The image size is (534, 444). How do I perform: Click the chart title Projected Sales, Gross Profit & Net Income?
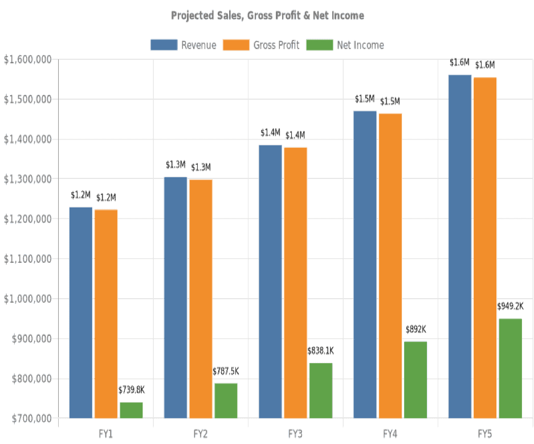click(x=267, y=15)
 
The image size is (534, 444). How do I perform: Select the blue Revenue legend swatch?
click(x=164, y=45)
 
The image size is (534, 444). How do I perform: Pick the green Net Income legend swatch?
click(x=320, y=45)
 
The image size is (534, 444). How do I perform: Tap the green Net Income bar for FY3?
click(x=321, y=390)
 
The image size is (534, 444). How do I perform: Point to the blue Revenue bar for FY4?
click(x=365, y=264)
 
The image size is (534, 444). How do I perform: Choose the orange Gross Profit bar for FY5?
click(x=485, y=247)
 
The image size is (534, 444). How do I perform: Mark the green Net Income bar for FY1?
click(x=131, y=410)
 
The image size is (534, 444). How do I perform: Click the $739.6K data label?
click(x=132, y=390)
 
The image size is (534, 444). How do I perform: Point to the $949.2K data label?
click(x=511, y=306)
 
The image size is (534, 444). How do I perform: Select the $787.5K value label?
click(x=226, y=371)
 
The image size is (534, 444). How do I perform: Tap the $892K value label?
click(x=415, y=329)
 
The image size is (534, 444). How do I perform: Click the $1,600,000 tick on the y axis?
click(x=27, y=59)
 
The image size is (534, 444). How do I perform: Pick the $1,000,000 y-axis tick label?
click(x=27, y=299)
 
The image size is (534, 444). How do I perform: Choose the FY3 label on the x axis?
click(x=295, y=434)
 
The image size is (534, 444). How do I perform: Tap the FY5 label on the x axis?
click(x=485, y=434)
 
